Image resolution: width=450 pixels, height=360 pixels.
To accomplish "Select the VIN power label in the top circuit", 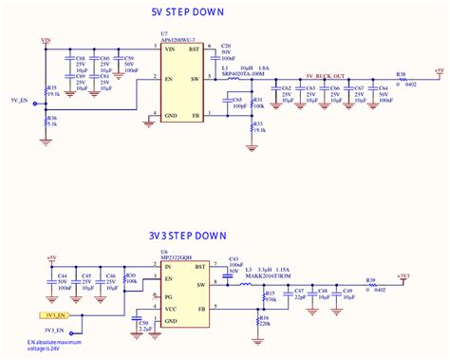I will [46, 41].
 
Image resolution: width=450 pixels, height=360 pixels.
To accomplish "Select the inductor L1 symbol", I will [234, 80].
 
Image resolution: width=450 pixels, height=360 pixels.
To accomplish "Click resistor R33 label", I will [259, 123].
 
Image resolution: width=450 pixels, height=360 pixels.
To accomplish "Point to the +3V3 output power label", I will [406, 275].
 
